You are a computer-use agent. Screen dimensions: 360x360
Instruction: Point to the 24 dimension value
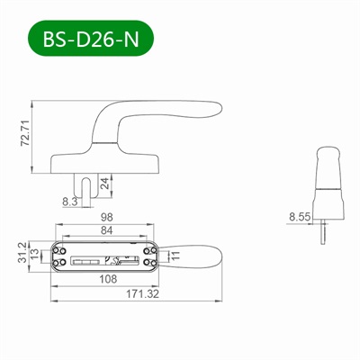(x=106, y=186)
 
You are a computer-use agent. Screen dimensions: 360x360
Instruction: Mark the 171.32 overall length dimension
(x=135, y=293)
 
